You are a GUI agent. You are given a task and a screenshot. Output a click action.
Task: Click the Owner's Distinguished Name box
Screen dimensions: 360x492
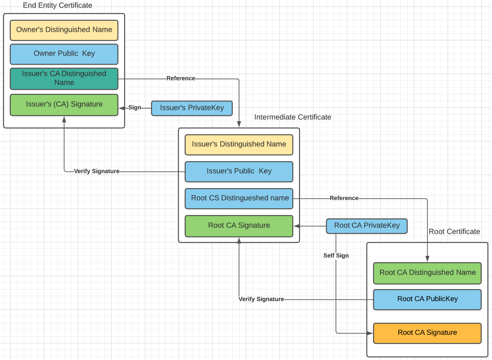point(64,30)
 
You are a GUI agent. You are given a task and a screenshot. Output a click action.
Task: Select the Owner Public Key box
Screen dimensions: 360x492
point(64,54)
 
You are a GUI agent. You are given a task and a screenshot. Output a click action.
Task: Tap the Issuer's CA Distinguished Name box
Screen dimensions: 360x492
point(64,79)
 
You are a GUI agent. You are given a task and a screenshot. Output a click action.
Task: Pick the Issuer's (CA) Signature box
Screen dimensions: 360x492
point(64,105)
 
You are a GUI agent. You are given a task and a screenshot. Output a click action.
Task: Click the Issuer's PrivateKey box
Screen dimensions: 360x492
point(192,108)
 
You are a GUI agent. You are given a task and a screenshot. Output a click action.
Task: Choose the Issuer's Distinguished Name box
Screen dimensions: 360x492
point(239,145)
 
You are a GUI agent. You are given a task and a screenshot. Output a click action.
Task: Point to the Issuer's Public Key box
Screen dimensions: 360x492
point(239,171)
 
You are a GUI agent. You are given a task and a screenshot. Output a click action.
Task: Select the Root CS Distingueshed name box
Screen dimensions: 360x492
point(239,198)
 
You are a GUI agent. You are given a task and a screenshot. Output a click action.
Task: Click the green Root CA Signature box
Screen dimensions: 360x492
point(239,226)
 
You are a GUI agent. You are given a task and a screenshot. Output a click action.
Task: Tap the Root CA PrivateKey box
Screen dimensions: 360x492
point(366,226)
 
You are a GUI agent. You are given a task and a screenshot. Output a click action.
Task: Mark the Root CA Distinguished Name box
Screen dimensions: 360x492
point(427,273)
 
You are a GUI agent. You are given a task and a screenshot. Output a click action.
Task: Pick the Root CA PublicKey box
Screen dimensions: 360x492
point(427,299)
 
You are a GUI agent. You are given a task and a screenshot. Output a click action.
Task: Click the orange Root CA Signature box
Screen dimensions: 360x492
point(427,333)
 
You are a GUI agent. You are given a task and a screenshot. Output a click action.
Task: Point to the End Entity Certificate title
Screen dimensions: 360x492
point(57,6)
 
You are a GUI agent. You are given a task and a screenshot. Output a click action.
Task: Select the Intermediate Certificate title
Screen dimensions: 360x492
point(292,117)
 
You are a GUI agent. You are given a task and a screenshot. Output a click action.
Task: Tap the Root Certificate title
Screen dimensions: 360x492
point(454,232)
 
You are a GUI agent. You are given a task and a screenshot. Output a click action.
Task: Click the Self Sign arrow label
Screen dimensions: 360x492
point(336,256)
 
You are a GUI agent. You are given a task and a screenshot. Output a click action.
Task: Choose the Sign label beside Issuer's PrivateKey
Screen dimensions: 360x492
point(135,108)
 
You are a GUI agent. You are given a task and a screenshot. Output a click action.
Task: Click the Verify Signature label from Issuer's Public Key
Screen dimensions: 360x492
point(96,171)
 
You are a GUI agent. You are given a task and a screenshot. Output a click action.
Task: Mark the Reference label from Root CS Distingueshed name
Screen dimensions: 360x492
point(344,198)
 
